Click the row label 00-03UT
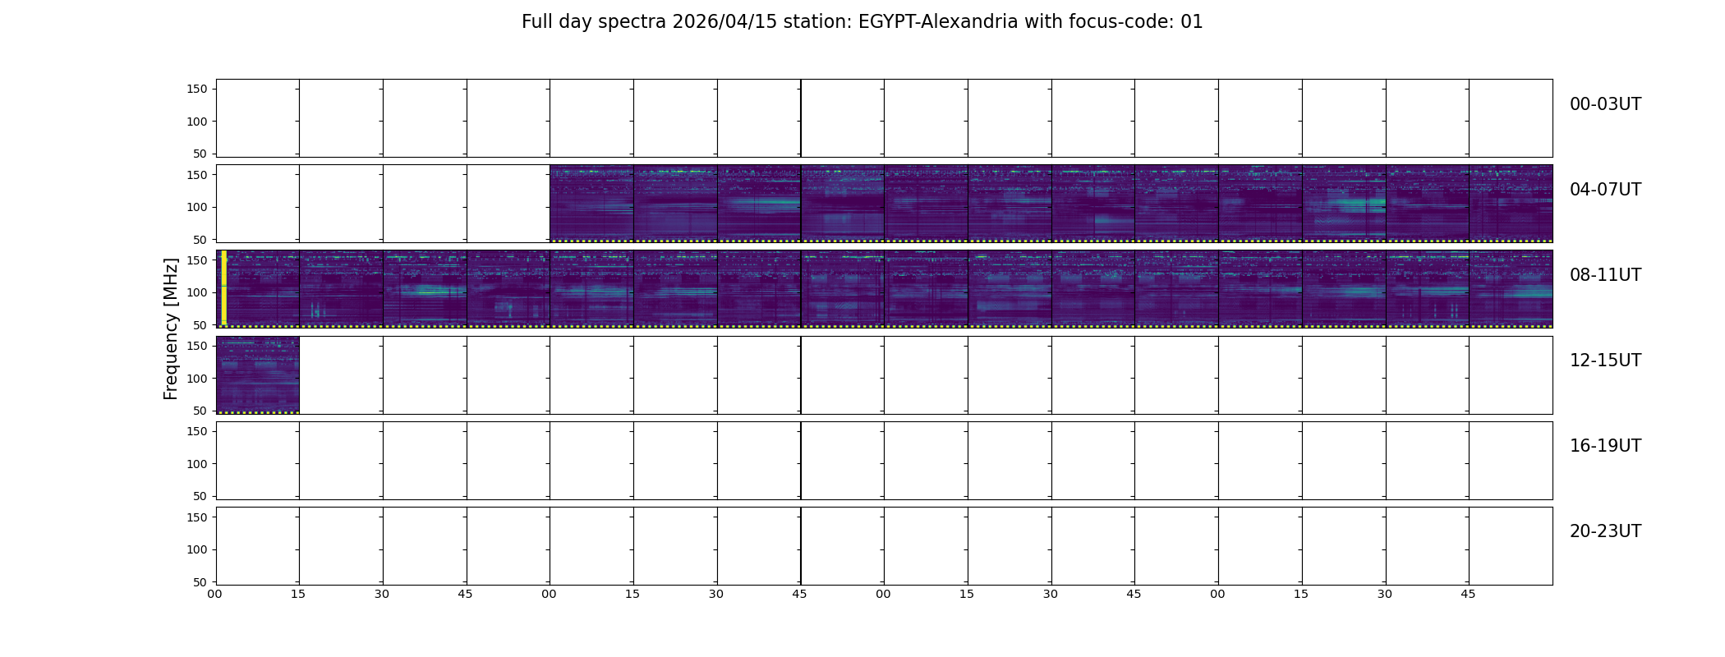pos(1605,104)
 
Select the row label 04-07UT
pos(1605,190)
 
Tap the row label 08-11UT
pos(1605,275)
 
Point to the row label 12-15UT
pos(1605,361)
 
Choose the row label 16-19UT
pos(1605,446)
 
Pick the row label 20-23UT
pos(1605,531)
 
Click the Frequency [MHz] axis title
pos(171,328)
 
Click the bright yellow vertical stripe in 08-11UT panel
pos(223,287)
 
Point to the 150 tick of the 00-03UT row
pos(197,89)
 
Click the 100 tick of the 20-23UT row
pos(197,549)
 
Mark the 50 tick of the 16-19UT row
pos(200,496)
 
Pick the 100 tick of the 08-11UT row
pos(197,292)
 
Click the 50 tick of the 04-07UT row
pos(200,240)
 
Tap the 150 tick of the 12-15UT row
pos(197,346)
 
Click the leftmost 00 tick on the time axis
pos(215,594)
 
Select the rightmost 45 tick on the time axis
pos(1468,594)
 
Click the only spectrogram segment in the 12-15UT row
pos(258,374)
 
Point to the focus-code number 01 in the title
pos(1192,22)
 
